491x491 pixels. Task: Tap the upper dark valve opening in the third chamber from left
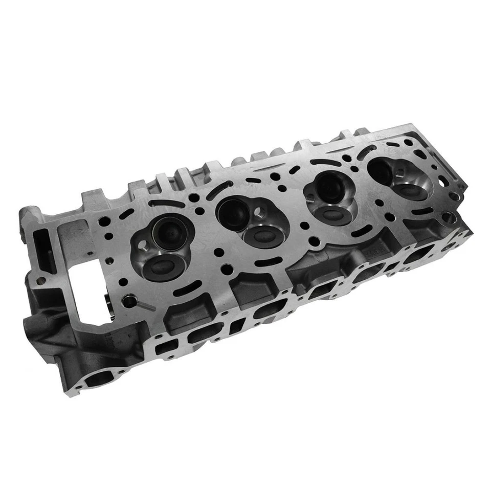coord(323,185)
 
